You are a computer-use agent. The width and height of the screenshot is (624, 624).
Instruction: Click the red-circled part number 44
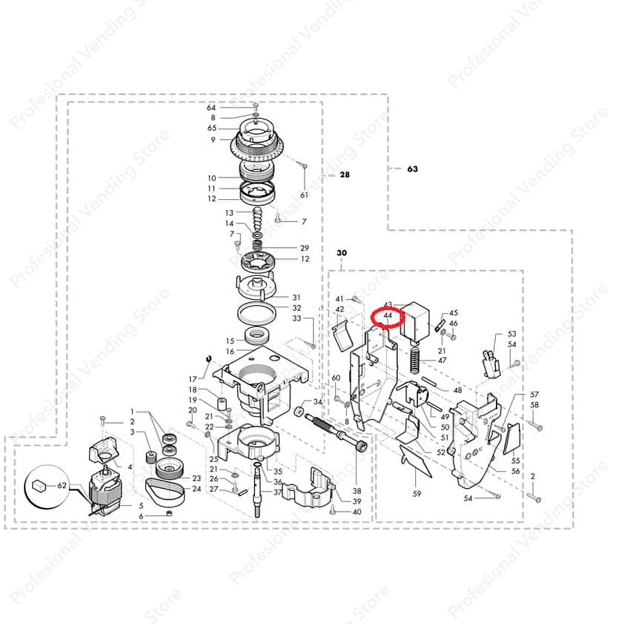point(388,317)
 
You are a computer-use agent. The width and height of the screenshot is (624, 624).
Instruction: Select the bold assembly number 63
point(412,169)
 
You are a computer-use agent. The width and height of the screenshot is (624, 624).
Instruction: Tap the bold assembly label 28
point(344,174)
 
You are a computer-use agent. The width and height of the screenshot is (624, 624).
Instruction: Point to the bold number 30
point(341,253)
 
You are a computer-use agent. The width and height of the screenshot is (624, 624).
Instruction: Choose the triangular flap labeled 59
point(416,462)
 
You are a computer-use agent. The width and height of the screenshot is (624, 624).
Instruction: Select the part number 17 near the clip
point(192,379)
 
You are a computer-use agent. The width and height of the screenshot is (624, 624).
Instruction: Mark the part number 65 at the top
point(212,128)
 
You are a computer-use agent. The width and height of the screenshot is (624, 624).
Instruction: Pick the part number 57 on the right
point(534,395)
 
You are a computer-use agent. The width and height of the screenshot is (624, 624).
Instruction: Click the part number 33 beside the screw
point(297,318)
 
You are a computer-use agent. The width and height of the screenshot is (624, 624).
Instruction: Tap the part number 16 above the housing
point(230,351)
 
